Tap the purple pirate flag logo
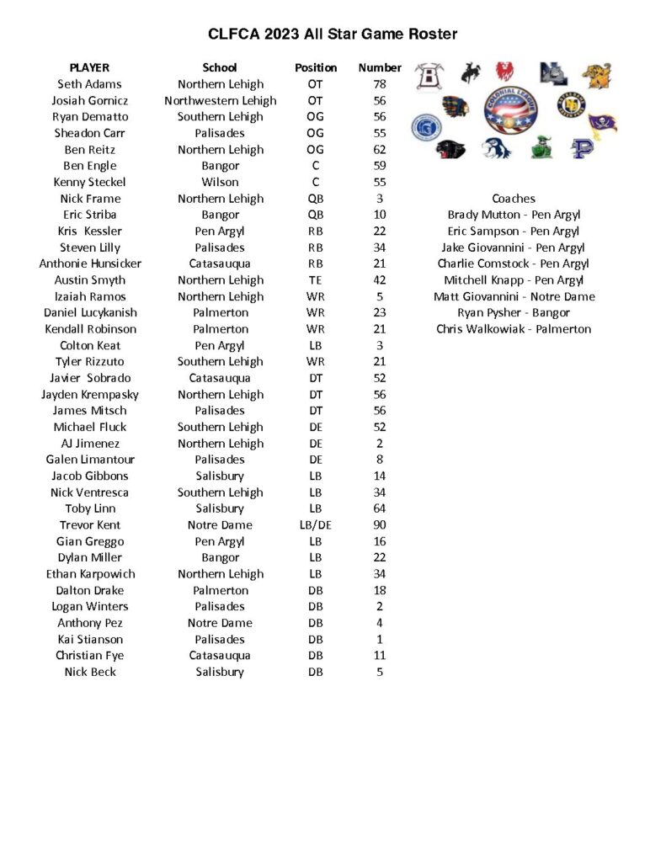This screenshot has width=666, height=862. click(x=602, y=123)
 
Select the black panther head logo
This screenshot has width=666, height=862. click(x=451, y=150)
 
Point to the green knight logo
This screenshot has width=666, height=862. click(x=541, y=148)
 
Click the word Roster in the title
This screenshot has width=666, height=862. click(x=429, y=35)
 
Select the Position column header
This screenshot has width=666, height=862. click(x=316, y=67)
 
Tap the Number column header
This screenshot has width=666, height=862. click(x=380, y=67)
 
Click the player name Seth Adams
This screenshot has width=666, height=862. click(x=89, y=84)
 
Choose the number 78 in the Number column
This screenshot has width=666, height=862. click(x=380, y=84)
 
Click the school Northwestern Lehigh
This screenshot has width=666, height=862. click(x=220, y=100)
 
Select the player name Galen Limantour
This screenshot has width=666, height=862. click(x=89, y=460)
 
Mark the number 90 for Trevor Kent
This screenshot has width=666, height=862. click(x=380, y=525)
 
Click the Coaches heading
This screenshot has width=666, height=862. click(x=513, y=199)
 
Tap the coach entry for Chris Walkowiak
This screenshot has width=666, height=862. click(x=513, y=329)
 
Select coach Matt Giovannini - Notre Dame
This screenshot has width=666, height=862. click(x=514, y=296)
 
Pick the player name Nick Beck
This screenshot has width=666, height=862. click(x=89, y=672)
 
